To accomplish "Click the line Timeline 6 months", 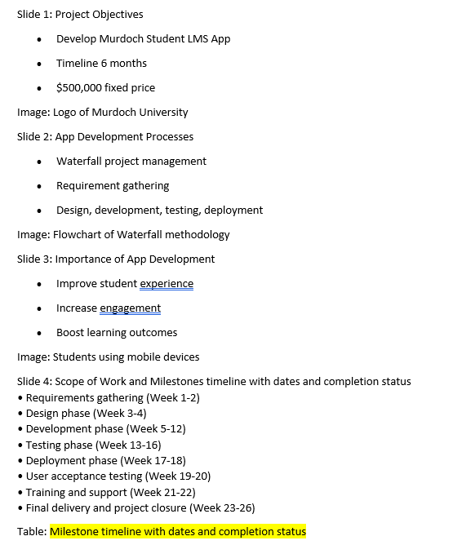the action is [x=101, y=63].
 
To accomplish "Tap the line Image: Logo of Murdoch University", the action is [x=102, y=112].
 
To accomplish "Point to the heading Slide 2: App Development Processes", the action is [x=105, y=136].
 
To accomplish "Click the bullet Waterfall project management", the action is [x=131, y=161].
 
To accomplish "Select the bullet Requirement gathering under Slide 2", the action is [x=113, y=185].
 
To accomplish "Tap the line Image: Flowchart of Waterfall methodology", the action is [x=123, y=234].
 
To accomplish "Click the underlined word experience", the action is [x=167, y=283].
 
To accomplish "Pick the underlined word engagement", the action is [x=130, y=308].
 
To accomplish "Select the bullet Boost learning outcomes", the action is [x=116, y=332].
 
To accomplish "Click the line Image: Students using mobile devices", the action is [x=108, y=357].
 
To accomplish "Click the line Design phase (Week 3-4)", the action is [x=86, y=413].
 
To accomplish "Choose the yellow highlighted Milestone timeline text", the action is [x=178, y=531].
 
